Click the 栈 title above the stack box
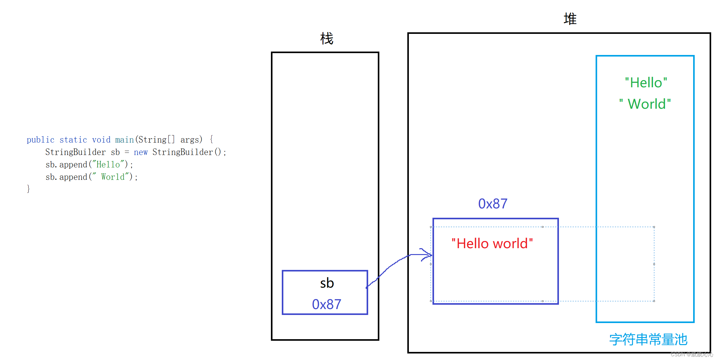click(327, 39)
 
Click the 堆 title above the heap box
click(570, 19)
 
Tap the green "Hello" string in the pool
click(646, 83)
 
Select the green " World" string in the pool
click(645, 104)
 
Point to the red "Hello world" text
click(492, 244)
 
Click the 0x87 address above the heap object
click(493, 204)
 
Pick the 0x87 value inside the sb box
click(327, 304)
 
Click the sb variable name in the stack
click(327, 283)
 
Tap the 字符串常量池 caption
click(648, 339)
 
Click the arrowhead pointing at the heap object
click(429, 255)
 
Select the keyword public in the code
click(40, 140)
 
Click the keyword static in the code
click(73, 140)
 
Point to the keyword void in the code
click(101, 140)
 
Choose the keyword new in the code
click(141, 152)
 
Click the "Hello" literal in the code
click(108, 164)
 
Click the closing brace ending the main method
click(28, 189)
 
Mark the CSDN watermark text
click(692, 354)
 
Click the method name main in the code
click(124, 140)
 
